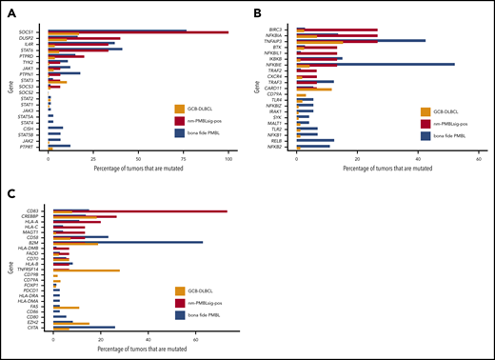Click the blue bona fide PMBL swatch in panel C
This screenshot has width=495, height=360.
click(178, 313)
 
